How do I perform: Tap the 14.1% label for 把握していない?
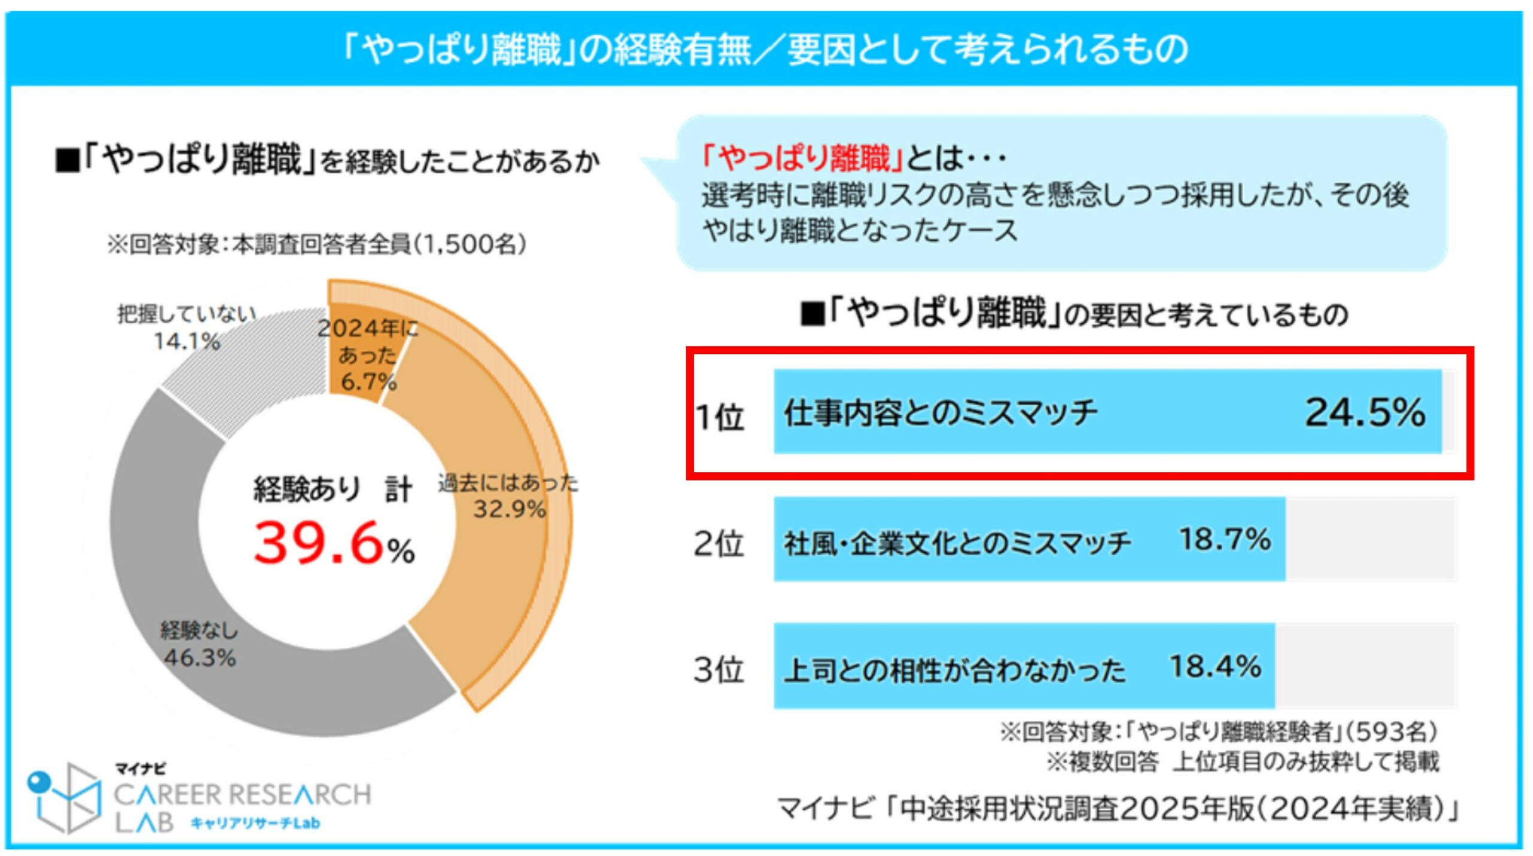point(187,342)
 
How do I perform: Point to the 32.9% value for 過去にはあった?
point(510,509)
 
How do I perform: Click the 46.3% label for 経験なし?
point(200,658)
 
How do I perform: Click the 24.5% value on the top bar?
point(1365,412)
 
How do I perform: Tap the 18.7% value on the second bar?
point(1225,539)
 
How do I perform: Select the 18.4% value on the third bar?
point(1215,667)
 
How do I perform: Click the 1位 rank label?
point(719,417)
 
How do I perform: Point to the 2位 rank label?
point(718,544)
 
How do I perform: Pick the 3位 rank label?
point(718,670)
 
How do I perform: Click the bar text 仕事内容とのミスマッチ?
point(940,413)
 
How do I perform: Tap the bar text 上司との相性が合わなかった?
point(955,670)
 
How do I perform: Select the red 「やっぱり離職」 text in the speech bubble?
point(802,158)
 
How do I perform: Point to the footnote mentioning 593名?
point(1218,731)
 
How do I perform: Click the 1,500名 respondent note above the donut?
point(317,244)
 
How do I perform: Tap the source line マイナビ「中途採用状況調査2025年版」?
point(1117,809)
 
